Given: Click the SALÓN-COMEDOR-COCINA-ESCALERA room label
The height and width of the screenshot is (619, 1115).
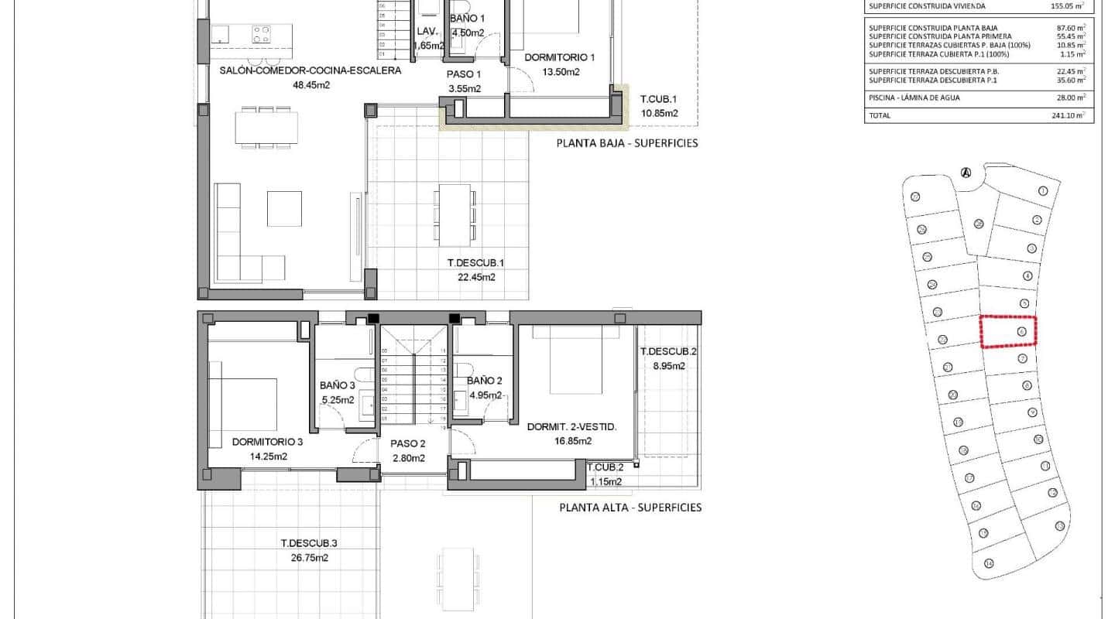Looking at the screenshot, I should pyautogui.click(x=310, y=70).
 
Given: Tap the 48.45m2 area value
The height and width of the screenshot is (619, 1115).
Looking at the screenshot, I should pyautogui.click(x=311, y=85).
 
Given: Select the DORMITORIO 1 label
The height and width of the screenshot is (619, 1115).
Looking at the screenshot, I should pyautogui.click(x=559, y=57).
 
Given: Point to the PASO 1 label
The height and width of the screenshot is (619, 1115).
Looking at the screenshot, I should pyautogui.click(x=464, y=74).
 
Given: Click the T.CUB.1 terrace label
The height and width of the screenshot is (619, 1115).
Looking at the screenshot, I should pyautogui.click(x=659, y=99).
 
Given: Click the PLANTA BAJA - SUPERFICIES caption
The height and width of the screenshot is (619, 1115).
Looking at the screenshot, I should pyautogui.click(x=627, y=143).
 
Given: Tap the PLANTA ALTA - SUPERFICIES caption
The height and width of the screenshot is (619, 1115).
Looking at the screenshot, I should pyautogui.click(x=630, y=508).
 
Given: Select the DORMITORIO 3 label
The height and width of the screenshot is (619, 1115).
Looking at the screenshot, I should pyautogui.click(x=267, y=443).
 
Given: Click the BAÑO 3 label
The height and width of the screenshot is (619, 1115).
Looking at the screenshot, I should pyautogui.click(x=337, y=385).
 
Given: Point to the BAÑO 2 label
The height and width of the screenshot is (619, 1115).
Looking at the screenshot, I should pyautogui.click(x=485, y=381).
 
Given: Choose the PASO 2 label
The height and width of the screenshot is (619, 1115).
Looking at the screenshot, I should pyautogui.click(x=408, y=444).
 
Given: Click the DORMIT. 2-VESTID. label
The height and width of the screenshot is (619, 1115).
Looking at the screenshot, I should pyautogui.click(x=571, y=427).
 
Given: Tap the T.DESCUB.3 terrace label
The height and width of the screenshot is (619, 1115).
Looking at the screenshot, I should pyautogui.click(x=309, y=543).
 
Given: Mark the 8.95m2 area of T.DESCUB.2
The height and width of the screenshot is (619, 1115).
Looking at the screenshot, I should pyautogui.click(x=668, y=366).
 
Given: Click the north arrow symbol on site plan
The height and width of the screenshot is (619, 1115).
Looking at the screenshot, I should pyautogui.click(x=966, y=173).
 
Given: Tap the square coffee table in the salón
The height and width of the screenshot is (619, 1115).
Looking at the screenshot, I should pyautogui.click(x=284, y=208).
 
